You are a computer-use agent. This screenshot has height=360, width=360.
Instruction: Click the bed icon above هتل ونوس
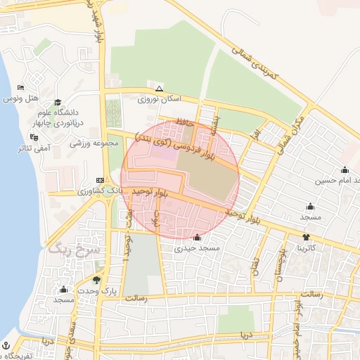(x=20, y=87)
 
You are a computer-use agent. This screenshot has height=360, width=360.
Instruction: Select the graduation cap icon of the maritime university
(x=58, y=102)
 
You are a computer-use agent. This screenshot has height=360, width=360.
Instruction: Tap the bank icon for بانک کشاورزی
(x=100, y=180)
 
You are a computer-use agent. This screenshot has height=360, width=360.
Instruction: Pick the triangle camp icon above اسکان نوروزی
(x=160, y=89)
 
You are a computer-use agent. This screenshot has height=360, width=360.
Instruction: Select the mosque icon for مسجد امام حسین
(x=345, y=169)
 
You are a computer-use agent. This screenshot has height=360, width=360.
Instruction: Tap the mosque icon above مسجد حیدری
(x=197, y=237)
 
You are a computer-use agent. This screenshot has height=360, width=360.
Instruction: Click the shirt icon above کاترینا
(x=305, y=237)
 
